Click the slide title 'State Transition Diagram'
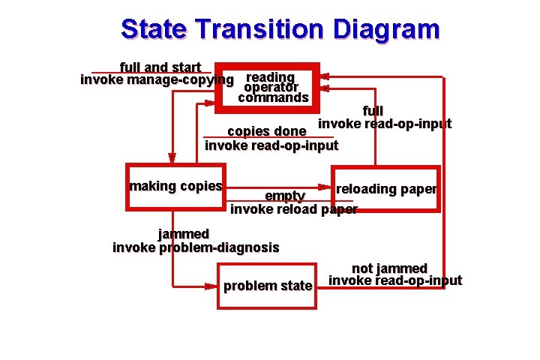pyautogui.click(x=280, y=29)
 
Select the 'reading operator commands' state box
pyautogui.click(x=268, y=87)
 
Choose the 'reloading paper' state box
pyautogui.click(x=385, y=189)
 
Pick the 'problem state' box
pyautogui.click(x=267, y=286)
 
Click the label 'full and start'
pyautogui.click(x=160, y=67)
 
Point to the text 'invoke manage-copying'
pyautogui.click(x=157, y=79)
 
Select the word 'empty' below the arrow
pyautogui.click(x=284, y=196)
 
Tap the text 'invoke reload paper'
pyautogui.click(x=293, y=209)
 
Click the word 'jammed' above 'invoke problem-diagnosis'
pyautogui.click(x=184, y=234)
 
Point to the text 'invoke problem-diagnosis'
pyautogui.click(x=196, y=247)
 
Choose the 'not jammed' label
pyautogui.click(x=389, y=268)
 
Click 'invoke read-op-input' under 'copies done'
pyautogui.click(x=271, y=145)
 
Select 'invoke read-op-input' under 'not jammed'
pyautogui.click(x=395, y=281)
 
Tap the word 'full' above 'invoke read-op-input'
pyautogui.click(x=373, y=111)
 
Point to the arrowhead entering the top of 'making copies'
pyautogui.click(x=172, y=158)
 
